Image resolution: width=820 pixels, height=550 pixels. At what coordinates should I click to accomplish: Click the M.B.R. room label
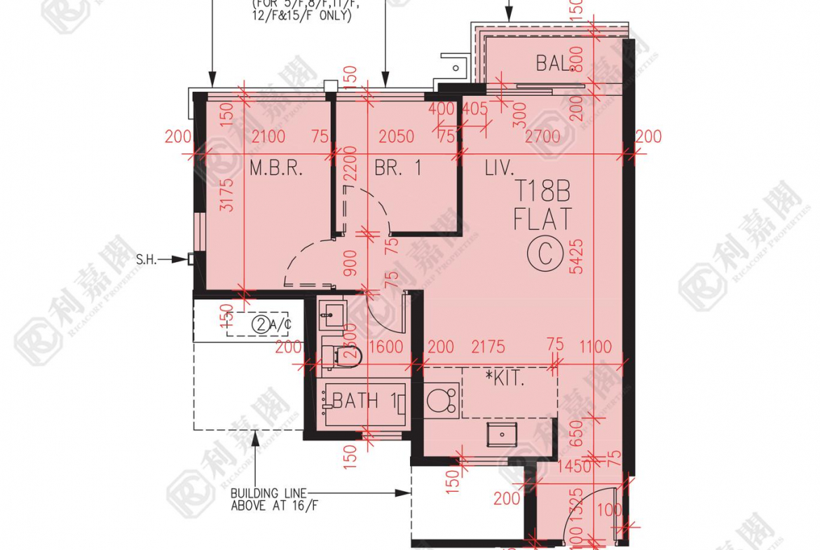(275, 168)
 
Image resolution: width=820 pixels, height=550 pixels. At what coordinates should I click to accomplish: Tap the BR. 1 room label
(397, 168)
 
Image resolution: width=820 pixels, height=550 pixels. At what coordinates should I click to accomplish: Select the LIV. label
(499, 168)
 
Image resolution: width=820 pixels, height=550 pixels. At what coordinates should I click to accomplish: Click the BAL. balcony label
(554, 64)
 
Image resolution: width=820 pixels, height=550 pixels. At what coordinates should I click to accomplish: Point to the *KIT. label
(505, 379)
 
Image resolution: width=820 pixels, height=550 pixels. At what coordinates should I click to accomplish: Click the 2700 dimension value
(542, 137)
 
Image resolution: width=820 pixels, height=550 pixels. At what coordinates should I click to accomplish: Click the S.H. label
(146, 259)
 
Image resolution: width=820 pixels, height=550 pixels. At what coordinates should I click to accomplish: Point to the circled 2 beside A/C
(261, 324)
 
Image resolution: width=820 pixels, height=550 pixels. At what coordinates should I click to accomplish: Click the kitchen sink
(501, 434)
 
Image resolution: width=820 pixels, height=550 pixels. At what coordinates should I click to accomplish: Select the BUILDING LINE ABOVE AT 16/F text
(268, 500)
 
